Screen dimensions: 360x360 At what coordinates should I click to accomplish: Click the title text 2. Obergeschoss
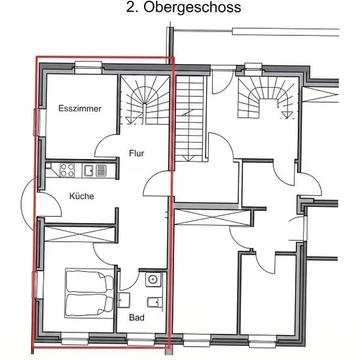pyautogui.click(x=183, y=8)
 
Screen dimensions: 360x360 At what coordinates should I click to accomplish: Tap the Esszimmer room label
pyautogui.click(x=80, y=109)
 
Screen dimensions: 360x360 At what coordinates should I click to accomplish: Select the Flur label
pyautogui.click(x=137, y=153)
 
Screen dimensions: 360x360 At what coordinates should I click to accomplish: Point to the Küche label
pyautogui.click(x=82, y=196)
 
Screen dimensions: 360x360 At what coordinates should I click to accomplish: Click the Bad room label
pyautogui.click(x=137, y=317)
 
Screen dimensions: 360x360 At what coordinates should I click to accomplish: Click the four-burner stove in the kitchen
pyautogui.click(x=67, y=170)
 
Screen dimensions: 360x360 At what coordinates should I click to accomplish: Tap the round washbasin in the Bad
pyautogui.click(x=153, y=279)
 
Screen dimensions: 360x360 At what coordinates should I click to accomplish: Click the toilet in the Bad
pyautogui.click(x=154, y=302)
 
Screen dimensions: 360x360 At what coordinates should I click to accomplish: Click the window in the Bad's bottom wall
pyautogui.click(x=141, y=339)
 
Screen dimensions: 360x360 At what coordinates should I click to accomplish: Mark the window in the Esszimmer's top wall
pyautogui.click(x=88, y=67)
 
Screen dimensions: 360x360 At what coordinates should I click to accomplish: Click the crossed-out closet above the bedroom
pyautogui.click(x=79, y=234)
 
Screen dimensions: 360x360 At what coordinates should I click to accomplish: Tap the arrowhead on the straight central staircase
pyautogui.click(x=188, y=158)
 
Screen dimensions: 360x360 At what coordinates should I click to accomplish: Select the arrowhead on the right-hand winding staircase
pyautogui.click(x=286, y=115)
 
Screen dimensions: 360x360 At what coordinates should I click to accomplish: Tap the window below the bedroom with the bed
pyautogui.click(x=75, y=339)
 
